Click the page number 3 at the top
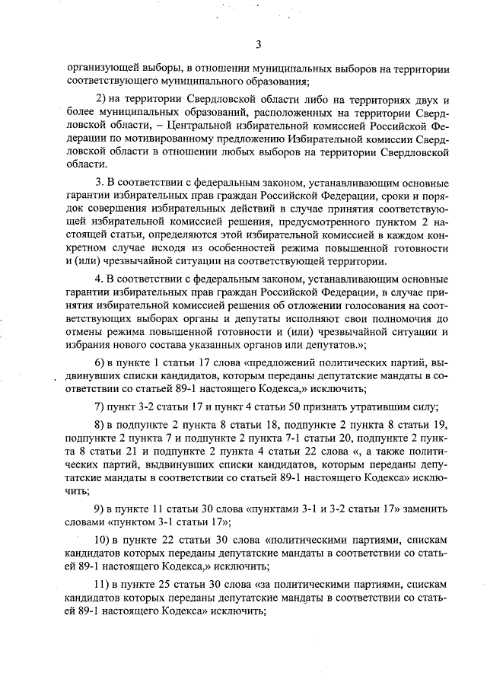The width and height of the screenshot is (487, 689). click(258, 43)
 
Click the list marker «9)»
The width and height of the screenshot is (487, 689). click(100, 509)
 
